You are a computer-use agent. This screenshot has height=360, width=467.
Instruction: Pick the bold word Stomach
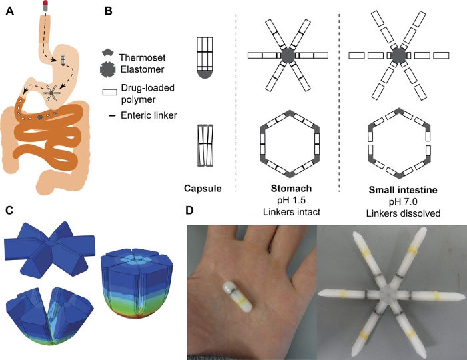tap(289, 189)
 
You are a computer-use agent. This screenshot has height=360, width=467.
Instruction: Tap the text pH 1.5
tap(289, 201)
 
